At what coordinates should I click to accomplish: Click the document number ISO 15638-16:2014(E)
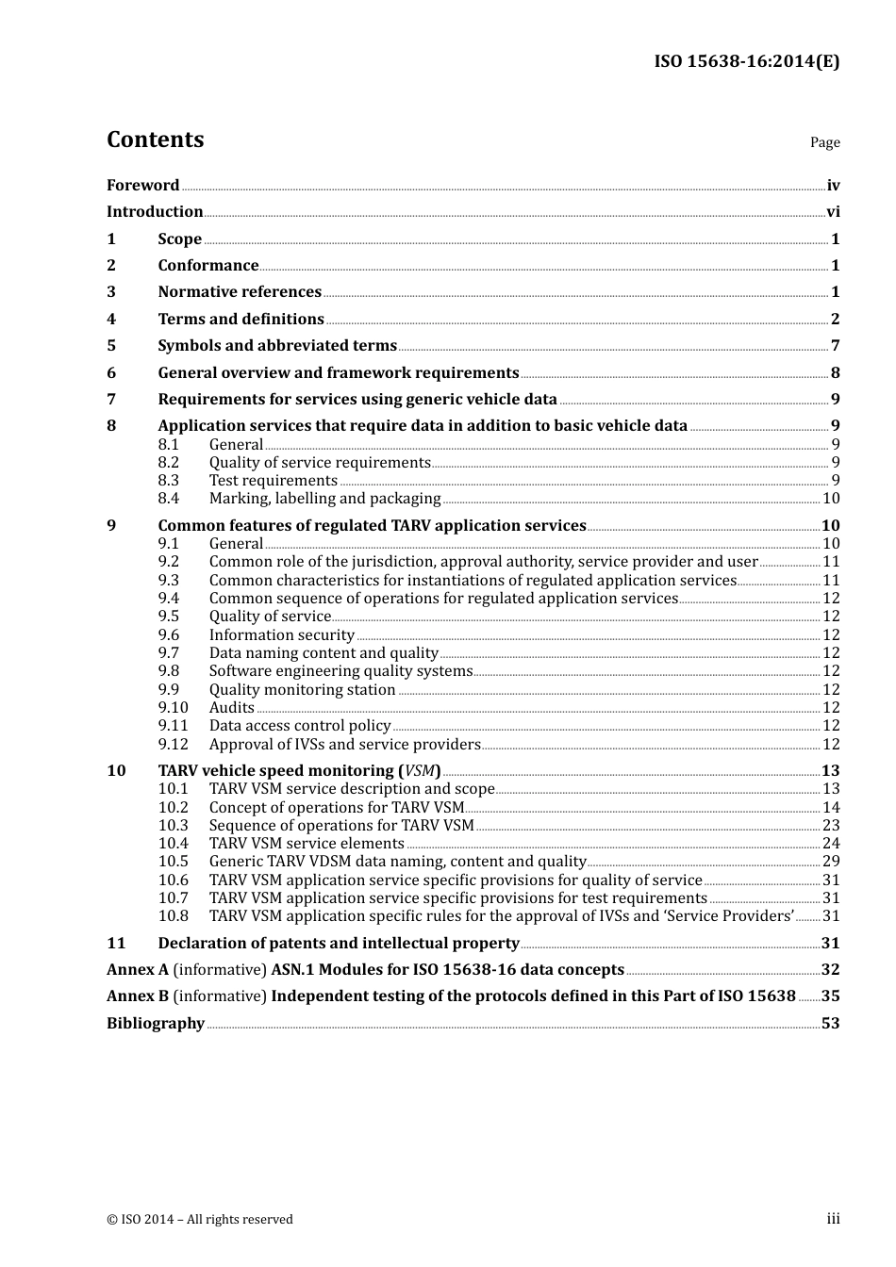point(746,62)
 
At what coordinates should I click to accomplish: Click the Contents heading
point(155,140)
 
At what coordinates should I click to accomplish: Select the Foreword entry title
point(142,186)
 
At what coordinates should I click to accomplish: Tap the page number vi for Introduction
point(833,212)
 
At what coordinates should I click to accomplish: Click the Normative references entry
point(240,292)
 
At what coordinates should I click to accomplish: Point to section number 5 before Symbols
point(111,346)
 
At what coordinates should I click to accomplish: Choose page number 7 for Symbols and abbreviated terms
point(835,346)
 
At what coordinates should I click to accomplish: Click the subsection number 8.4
point(169,499)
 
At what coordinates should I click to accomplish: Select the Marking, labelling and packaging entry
point(324,499)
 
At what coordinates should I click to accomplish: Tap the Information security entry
point(281,635)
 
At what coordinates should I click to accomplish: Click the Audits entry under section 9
point(232,708)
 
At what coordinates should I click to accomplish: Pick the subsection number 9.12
point(173,745)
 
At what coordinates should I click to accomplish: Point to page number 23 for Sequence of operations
point(831,826)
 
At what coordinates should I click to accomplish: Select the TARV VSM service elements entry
point(307,844)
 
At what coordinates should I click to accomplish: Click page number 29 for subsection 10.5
point(831,862)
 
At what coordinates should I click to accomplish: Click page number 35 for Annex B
point(830,996)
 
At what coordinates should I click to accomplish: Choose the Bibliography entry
point(156,1024)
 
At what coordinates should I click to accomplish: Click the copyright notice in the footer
point(200,1220)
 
